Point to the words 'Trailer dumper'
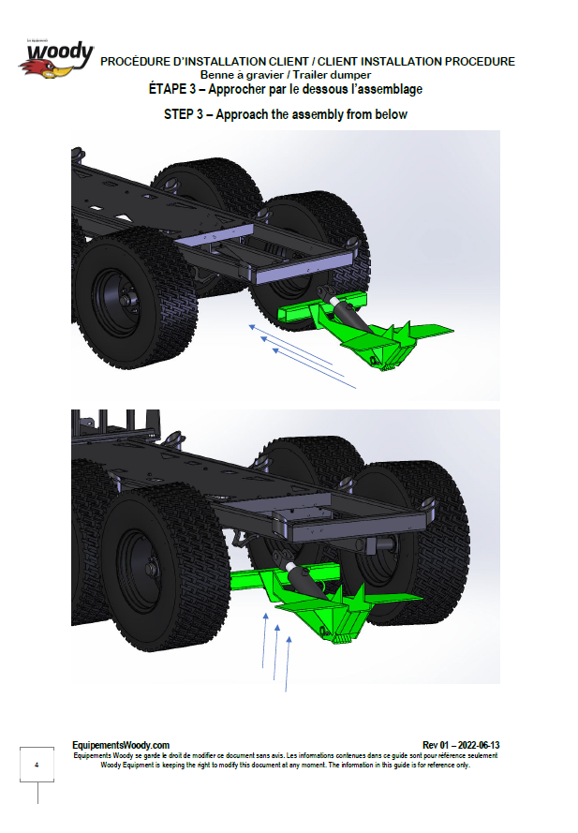pyautogui.click(x=332, y=75)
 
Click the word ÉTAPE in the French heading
pyautogui.click(x=168, y=89)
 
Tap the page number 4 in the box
pyautogui.click(x=37, y=765)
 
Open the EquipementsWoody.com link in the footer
pyautogui.click(x=121, y=745)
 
